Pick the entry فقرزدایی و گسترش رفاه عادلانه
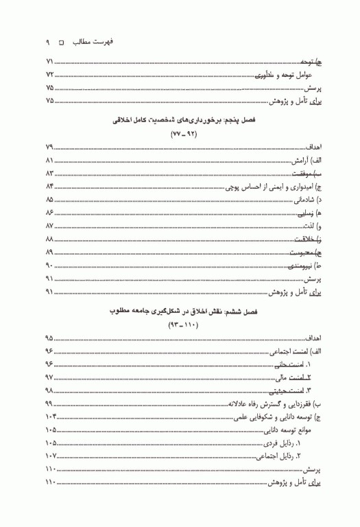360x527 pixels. click(x=274, y=403)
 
